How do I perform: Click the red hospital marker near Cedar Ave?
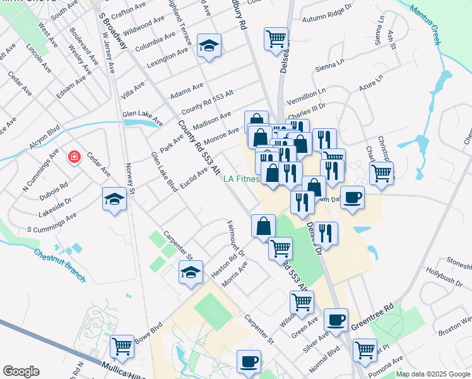pos(75,157)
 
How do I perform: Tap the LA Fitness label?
pos(242,179)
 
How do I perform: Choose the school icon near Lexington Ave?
pos(209,45)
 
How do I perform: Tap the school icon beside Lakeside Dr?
pos(114,199)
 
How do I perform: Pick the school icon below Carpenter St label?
pos(191,272)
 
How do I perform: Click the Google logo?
pos(21,371)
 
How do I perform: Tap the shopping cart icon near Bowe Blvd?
pos(122,346)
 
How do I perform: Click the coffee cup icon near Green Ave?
pos(336,320)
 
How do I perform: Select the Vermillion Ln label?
pos(306,97)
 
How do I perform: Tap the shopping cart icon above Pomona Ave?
pos(365,349)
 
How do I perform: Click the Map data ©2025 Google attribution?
pos(433,374)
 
